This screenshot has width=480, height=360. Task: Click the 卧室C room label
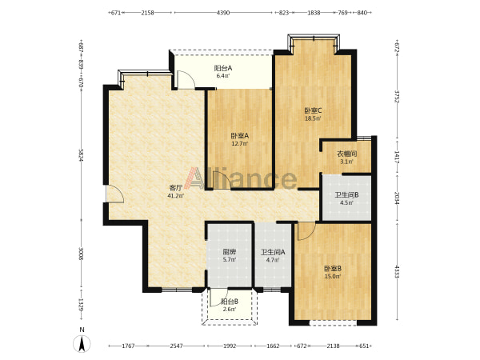[313, 110]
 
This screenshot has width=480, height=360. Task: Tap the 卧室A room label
[240, 135]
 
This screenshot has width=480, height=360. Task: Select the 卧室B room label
[333, 269]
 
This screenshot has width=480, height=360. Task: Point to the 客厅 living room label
[176, 188]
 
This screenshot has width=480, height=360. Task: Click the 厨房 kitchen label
[230, 252]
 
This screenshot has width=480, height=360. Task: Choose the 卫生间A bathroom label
[273, 252]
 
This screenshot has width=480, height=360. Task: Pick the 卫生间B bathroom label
[346, 194]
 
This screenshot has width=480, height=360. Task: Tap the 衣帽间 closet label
[347, 154]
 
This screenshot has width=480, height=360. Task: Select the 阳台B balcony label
[230, 302]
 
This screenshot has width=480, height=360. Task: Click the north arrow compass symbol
[82, 343]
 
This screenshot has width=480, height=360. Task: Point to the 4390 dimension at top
[223, 13]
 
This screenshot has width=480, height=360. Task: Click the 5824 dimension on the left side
[81, 155]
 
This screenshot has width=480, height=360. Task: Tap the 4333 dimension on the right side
[397, 272]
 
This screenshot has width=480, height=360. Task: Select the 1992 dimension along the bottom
[230, 346]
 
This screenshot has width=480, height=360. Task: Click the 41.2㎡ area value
[176, 196]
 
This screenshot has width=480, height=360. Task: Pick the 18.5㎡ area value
[313, 118]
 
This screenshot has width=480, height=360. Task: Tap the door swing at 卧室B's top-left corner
[306, 231]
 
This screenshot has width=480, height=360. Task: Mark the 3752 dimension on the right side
[397, 97]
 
